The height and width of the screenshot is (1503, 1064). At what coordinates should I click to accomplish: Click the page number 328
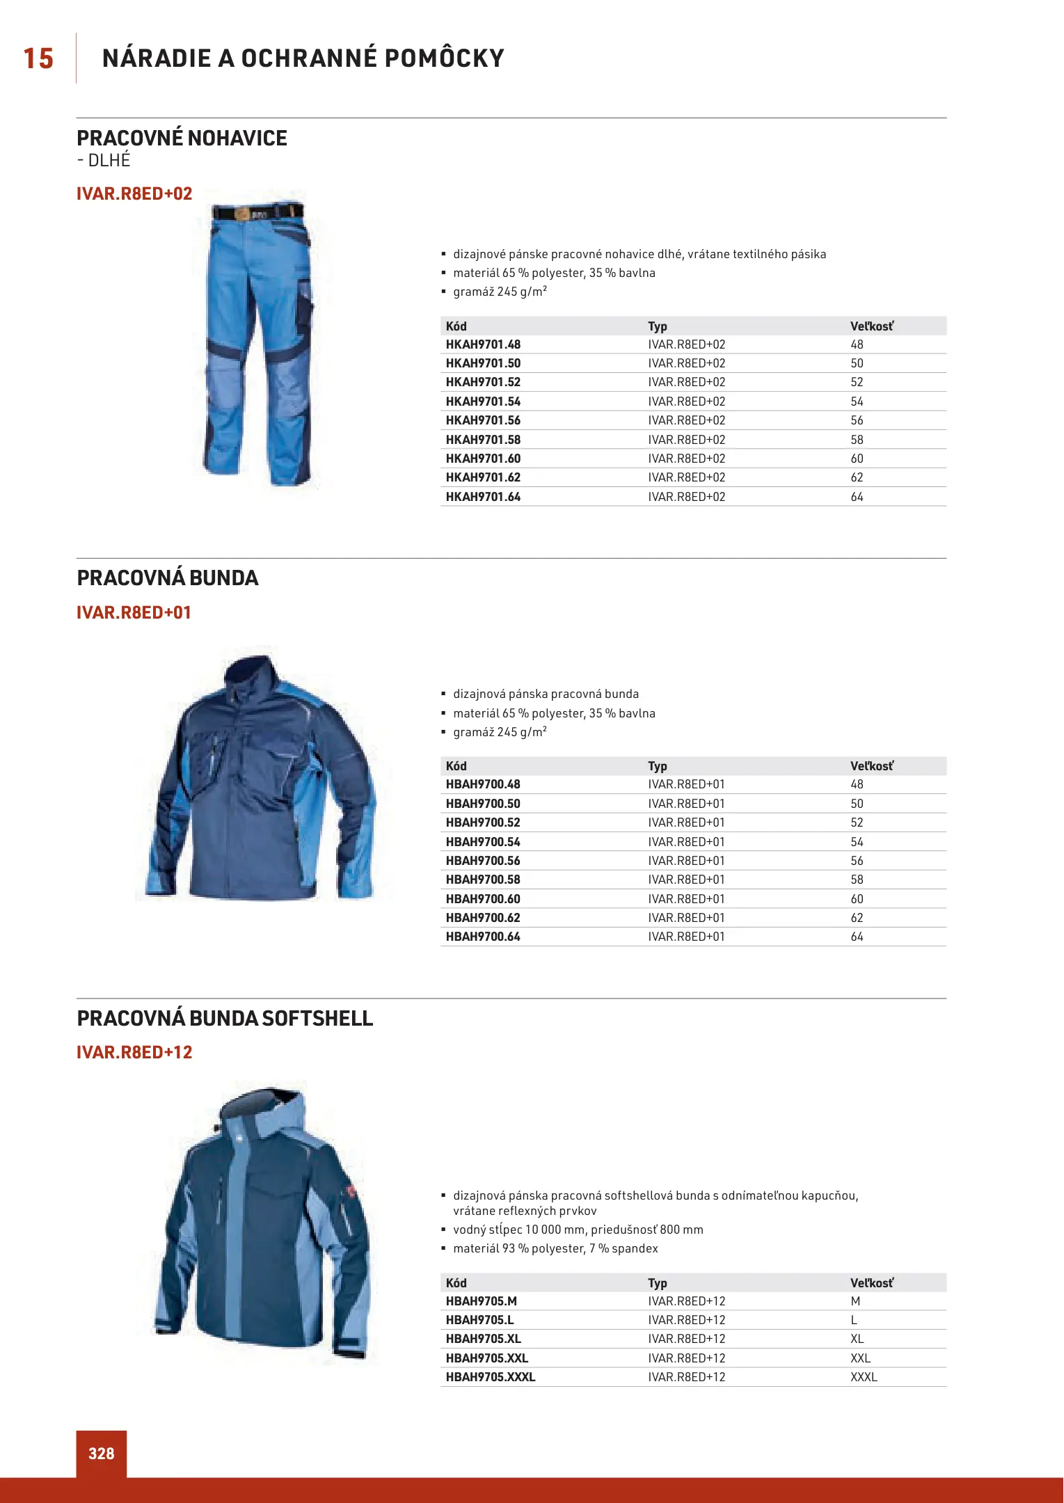102,1453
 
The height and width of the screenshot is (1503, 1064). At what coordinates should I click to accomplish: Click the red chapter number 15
38,58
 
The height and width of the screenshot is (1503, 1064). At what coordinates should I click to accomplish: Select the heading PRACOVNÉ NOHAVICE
182,138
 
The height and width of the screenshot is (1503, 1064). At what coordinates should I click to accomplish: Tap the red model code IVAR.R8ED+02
134,193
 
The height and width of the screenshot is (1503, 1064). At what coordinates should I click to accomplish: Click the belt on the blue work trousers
257,212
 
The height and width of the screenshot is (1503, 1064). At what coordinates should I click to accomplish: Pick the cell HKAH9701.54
483,401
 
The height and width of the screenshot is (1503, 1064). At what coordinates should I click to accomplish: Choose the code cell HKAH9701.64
483,497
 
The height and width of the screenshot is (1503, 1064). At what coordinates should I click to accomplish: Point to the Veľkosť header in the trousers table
871,326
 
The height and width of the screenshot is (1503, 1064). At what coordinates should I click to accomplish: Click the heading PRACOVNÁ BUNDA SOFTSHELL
225,1018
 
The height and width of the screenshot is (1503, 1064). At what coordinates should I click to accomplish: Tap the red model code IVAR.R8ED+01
134,612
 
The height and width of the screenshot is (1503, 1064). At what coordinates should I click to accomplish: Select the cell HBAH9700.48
483,784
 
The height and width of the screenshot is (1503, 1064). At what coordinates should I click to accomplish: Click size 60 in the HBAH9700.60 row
857,899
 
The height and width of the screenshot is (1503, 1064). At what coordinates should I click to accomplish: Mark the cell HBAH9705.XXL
487,1358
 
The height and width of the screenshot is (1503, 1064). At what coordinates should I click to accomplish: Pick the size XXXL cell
864,1377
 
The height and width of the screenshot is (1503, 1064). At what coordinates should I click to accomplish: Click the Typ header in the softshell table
657,1283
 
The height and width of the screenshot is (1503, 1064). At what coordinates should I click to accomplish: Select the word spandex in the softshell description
635,1248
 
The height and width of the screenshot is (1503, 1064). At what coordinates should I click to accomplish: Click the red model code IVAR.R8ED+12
134,1052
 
